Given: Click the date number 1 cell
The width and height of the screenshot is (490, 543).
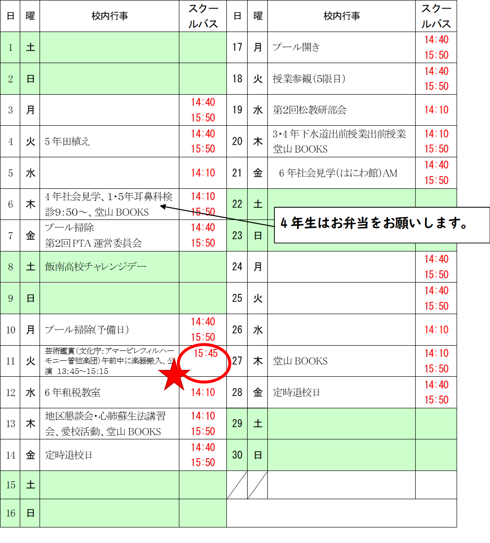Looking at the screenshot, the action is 10,48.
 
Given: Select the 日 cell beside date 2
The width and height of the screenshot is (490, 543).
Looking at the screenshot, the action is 30,79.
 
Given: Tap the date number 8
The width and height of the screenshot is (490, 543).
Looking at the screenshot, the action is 10,267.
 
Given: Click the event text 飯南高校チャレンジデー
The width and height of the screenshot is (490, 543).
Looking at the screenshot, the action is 96,267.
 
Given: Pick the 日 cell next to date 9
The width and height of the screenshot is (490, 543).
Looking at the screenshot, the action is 30,298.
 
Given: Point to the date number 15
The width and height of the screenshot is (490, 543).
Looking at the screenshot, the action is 10,485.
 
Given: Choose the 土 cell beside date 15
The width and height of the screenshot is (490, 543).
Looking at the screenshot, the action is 30,485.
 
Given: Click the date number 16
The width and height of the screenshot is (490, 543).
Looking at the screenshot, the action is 10,513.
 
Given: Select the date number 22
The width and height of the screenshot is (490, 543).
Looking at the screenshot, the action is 237,204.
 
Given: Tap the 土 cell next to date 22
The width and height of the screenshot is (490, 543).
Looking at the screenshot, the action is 258,204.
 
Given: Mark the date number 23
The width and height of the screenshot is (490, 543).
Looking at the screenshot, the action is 237,235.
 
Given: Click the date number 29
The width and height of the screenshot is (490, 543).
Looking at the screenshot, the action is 237,423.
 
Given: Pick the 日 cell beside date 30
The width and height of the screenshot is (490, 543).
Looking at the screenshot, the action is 258,455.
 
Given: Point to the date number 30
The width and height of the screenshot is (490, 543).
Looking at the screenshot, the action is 237,455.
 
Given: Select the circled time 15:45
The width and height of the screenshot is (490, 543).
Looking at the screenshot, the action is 206,353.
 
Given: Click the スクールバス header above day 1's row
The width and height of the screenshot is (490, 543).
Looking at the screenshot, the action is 203,16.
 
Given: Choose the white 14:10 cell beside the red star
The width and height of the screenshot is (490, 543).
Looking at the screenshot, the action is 203,392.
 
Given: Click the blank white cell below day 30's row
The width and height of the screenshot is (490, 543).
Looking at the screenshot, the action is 436,485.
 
